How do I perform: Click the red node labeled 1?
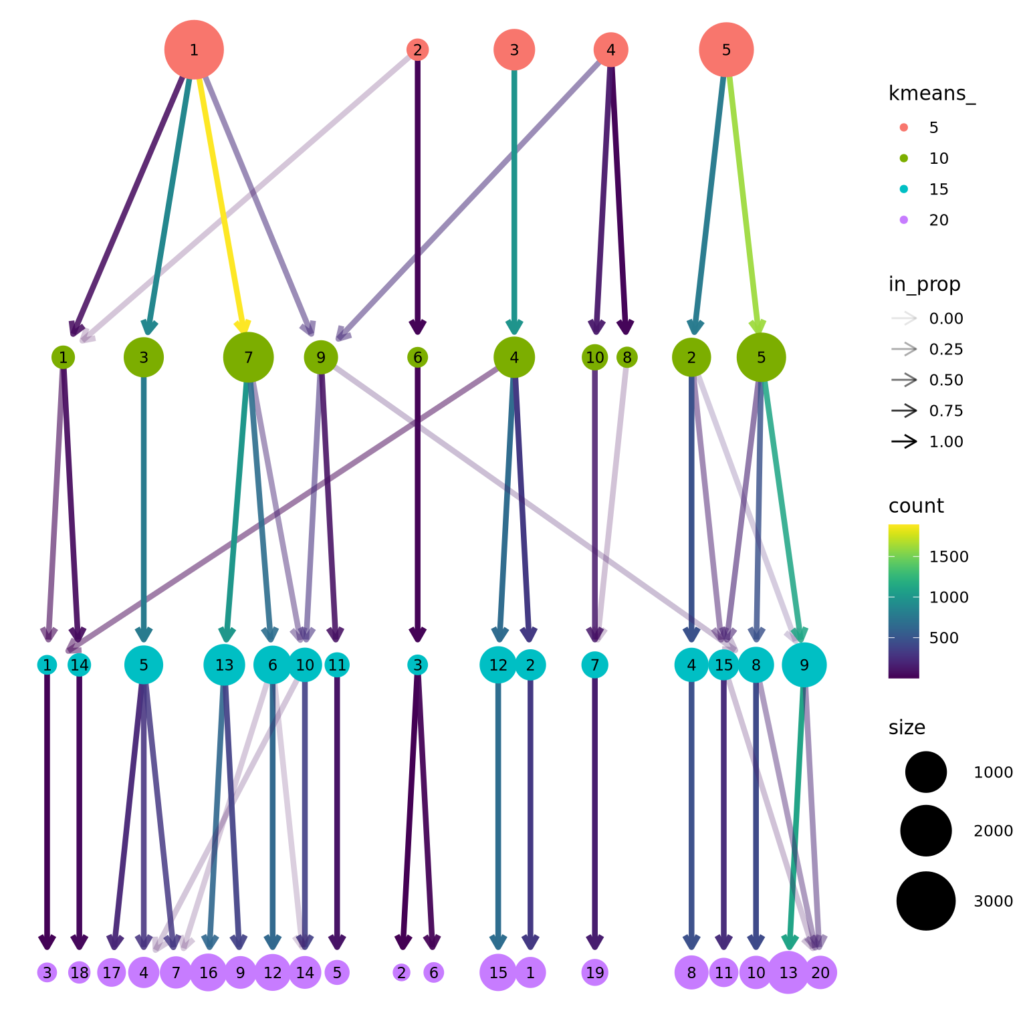pos(194,49)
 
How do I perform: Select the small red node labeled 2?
pos(417,49)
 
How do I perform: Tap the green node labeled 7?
pos(248,358)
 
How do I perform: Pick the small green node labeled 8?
pos(626,358)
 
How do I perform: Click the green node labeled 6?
pos(417,358)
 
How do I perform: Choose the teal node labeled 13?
pos(224,665)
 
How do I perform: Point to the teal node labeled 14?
pos(79,665)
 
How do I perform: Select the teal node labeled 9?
pos(804,665)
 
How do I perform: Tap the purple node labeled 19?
pos(594,973)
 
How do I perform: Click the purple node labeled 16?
pos(208,973)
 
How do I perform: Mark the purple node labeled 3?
pos(47,973)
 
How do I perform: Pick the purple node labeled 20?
pos(820,973)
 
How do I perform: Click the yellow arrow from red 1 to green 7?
pos(221,194)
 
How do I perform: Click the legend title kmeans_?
pos(931,94)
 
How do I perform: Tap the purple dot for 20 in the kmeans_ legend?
pos(904,220)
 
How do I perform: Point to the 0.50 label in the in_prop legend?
pos(946,380)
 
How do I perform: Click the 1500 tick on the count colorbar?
pos(949,557)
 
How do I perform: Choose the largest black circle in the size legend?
pos(926,901)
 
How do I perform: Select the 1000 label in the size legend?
pos(993,773)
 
